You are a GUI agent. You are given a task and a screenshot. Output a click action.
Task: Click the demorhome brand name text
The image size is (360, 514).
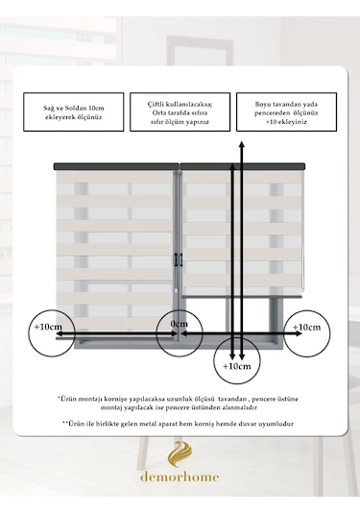(x=180, y=477)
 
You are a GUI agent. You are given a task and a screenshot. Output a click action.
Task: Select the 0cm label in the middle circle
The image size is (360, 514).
(x=180, y=324)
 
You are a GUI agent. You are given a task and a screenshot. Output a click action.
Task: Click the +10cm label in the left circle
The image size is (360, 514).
(x=48, y=327)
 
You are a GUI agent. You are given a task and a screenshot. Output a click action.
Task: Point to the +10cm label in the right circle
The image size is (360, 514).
(x=306, y=328)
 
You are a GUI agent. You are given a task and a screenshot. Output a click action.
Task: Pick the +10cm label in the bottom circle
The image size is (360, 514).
(x=237, y=366)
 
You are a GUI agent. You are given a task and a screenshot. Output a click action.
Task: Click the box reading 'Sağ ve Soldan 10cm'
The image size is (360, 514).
(x=74, y=112)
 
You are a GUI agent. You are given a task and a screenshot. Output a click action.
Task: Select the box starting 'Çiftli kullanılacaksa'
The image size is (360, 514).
(x=180, y=112)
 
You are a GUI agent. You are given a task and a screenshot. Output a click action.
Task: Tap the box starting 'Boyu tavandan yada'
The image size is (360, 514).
(x=287, y=112)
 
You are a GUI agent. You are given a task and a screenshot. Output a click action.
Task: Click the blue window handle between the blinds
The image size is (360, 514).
(x=179, y=260)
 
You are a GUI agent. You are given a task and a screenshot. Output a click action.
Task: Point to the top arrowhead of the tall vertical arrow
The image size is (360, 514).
(x=241, y=144)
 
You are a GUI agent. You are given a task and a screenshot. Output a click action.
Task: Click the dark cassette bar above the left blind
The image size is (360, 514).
(x=116, y=166)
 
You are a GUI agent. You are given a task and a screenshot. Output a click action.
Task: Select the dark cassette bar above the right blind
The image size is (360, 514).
(x=243, y=166)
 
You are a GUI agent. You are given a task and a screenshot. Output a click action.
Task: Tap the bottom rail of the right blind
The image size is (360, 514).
(x=242, y=296)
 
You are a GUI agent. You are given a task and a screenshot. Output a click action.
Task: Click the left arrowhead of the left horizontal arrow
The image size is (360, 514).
(x=60, y=333)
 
